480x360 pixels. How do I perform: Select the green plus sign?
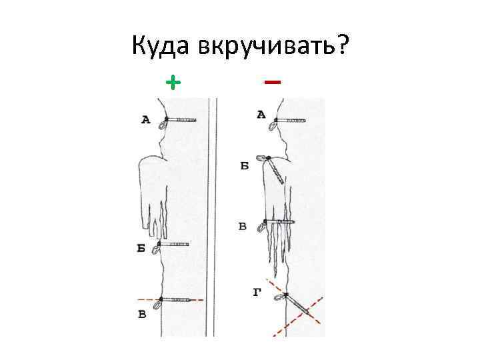(x=173, y=82)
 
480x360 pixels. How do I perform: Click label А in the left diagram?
(x=146, y=120)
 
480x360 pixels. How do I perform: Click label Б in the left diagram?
(x=141, y=248)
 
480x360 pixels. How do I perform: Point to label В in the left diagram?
(x=142, y=314)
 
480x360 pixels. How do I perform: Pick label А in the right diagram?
(x=261, y=115)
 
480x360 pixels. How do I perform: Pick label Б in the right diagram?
(x=245, y=165)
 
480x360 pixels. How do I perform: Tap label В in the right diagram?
(x=243, y=227)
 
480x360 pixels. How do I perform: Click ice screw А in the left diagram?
(x=179, y=120)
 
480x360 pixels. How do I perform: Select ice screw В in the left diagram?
(x=176, y=301)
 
